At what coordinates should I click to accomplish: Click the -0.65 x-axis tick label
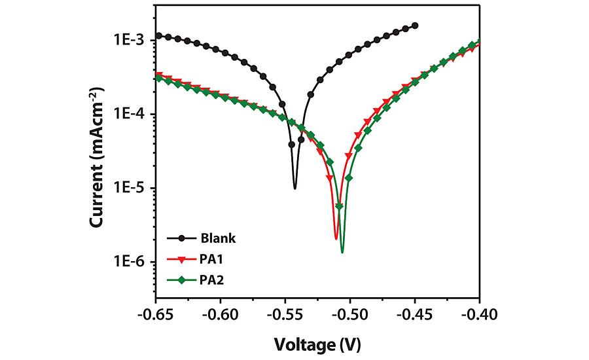pyautogui.click(x=156, y=315)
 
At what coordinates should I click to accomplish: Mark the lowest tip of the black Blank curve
pyautogui.click(x=295, y=188)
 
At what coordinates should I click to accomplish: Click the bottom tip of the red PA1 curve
pyautogui.click(x=336, y=238)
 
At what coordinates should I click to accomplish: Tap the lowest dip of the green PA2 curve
pyautogui.click(x=342, y=252)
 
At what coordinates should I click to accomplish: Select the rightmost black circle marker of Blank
pyautogui.click(x=415, y=26)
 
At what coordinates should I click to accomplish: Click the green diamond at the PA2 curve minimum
pyautogui.click(x=339, y=207)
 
